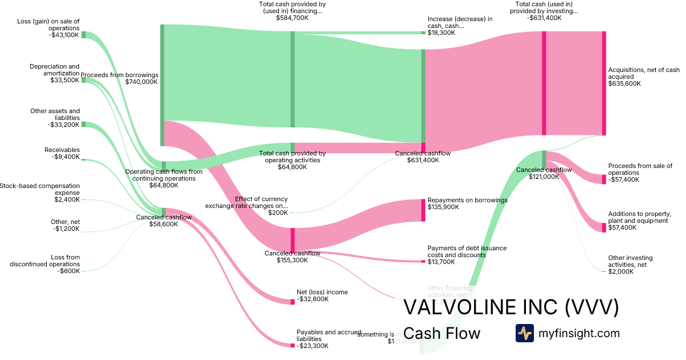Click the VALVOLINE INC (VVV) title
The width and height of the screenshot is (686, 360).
tap(511, 307)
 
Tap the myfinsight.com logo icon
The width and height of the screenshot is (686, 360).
tap(524, 333)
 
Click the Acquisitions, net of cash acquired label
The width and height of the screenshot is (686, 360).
tap(644, 77)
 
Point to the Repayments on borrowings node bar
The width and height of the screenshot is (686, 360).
tap(423, 210)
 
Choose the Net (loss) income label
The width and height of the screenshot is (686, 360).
tap(322, 295)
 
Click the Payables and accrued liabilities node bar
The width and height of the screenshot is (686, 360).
tap(293, 345)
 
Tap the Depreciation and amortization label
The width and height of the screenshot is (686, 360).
tap(54, 73)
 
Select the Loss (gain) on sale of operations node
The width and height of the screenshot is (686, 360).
tap(83, 35)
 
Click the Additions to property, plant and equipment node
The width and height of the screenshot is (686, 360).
tap(604, 227)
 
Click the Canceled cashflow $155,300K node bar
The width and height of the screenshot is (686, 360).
tap(293, 240)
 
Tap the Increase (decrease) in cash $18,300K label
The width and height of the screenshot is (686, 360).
tap(460, 26)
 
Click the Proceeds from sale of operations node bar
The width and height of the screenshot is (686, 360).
tap(604, 179)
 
